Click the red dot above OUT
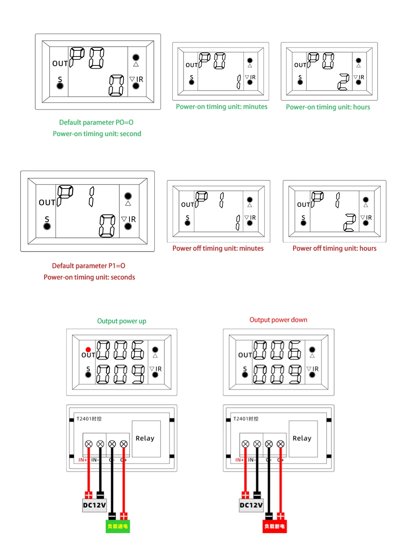(x=88, y=349)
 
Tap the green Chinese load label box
(x=118, y=526)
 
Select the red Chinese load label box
(x=274, y=526)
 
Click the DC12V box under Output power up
(x=94, y=505)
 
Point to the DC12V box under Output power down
(x=251, y=505)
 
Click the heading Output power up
(x=121, y=321)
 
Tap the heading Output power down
(x=278, y=320)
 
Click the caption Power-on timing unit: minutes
(x=221, y=107)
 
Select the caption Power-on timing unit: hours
(x=328, y=107)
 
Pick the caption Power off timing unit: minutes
(x=218, y=248)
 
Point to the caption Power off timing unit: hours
(x=334, y=248)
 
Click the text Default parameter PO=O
(x=96, y=122)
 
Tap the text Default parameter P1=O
(x=89, y=266)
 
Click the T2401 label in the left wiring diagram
(x=89, y=419)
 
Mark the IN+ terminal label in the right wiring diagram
(x=240, y=460)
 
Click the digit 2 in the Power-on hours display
(x=343, y=82)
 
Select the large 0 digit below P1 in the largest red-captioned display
(x=107, y=226)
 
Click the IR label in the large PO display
(x=140, y=79)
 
